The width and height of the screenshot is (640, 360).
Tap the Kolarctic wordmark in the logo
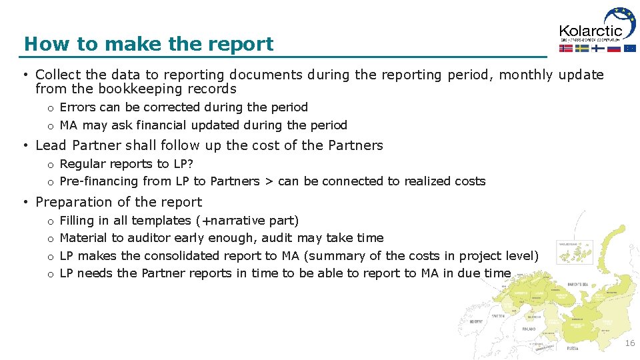coord(590,30)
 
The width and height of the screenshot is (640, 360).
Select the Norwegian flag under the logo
coord(566,48)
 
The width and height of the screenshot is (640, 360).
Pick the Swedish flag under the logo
coord(582,48)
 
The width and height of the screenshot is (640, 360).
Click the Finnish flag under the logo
coord(598,48)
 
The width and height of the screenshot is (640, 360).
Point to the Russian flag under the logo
coord(613,48)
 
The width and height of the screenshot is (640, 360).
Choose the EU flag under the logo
coord(629,48)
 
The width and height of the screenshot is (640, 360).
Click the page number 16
coord(629,343)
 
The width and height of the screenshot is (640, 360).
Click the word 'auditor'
coord(148,238)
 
